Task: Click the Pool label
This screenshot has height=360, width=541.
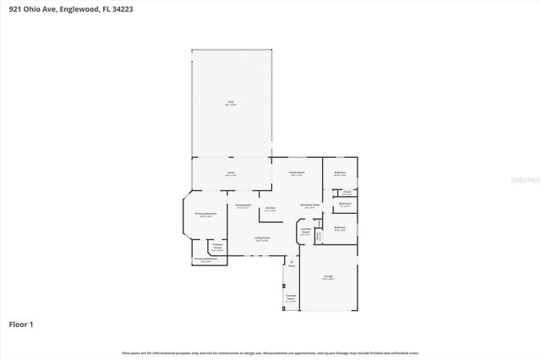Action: (230, 102)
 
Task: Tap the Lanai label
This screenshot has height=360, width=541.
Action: (230, 172)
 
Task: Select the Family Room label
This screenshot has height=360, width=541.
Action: (296, 172)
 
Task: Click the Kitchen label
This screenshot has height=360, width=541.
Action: (270, 208)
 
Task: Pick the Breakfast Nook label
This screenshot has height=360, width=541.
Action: (310, 205)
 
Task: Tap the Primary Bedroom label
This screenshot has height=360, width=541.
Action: (206, 214)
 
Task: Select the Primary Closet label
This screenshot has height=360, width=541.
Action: (217, 246)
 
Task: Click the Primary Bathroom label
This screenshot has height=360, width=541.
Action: (205, 259)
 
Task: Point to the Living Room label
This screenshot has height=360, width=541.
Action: (262, 237)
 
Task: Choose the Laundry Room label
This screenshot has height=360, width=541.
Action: (306, 232)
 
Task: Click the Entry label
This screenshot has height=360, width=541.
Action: (291, 265)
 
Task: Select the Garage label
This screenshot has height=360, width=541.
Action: (328, 276)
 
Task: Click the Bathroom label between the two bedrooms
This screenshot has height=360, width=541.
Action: (345, 203)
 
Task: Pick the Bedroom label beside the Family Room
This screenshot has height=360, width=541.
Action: (339, 172)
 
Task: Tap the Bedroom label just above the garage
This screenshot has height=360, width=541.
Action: (339, 227)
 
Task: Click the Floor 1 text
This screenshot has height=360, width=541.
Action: (21, 324)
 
